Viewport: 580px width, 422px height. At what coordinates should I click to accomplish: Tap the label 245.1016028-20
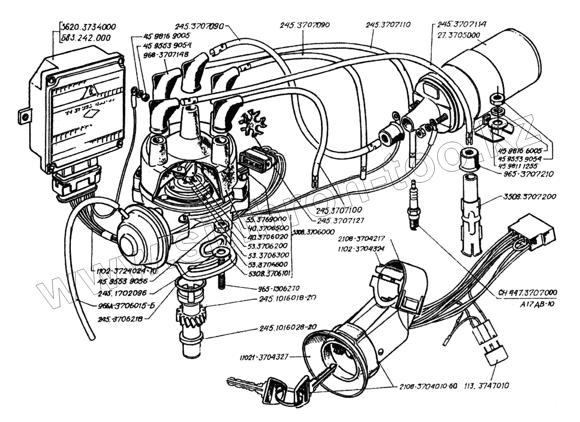(x=288, y=327)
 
